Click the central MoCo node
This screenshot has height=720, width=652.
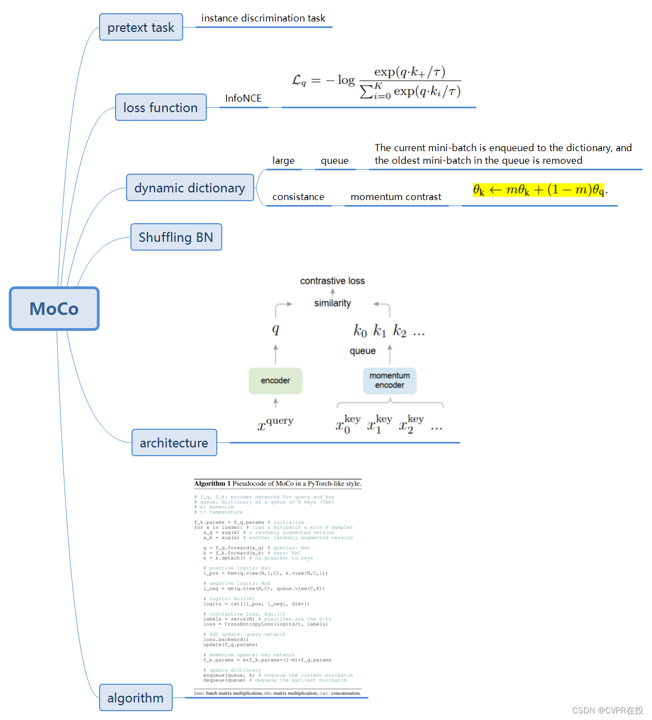click(x=54, y=308)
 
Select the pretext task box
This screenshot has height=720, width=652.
click(x=141, y=27)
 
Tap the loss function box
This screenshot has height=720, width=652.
click(x=161, y=107)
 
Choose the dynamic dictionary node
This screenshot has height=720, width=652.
click(x=190, y=187)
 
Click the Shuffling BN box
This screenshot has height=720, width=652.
click(x=176, y=237)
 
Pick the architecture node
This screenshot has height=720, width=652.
click(x=174, y=442)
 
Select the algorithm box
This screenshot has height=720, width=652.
click(x=135, y=697)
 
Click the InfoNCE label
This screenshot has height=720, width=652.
click(x=243, y=98)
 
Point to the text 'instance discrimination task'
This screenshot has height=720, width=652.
click(x=263, y=18)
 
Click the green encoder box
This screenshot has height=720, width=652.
click(x=275, y=380)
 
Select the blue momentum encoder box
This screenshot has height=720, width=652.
click(x=390, y=380)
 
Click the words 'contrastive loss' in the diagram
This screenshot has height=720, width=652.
click(x=332, y=281)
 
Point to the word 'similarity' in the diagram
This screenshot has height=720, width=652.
click(x=332, y=303)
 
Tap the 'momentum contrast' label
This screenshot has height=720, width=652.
click(x=396, y=197)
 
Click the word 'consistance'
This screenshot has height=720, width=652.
click(x=298, y=197)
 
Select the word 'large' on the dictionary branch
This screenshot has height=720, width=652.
click(x=283, y=160)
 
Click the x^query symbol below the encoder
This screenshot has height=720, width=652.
click(x=276, y=423)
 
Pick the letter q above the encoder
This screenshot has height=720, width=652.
click(x=276, y=329)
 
